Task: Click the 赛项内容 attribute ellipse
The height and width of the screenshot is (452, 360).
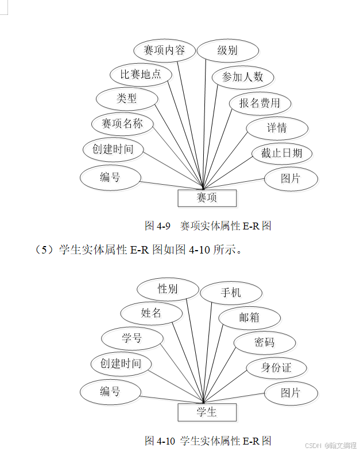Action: tap(164, 50)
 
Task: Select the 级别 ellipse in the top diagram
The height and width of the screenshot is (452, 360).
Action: tap(227, 50)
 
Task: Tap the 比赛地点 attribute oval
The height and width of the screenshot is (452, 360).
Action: tap(141, 74)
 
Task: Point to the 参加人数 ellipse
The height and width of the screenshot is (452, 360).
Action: tap(242, 77)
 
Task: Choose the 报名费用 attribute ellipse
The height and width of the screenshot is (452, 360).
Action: tap(260, 103)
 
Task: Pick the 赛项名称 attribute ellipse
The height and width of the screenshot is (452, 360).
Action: tap(122, 123)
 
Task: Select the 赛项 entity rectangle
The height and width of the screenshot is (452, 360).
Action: tap(207, 198)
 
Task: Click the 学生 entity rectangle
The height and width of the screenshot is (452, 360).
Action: tap(207, 412)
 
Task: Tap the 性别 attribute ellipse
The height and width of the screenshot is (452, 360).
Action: tap(168, 289)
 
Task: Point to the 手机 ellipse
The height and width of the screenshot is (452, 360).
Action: tap(231, 293)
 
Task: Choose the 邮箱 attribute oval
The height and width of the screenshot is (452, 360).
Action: tap(249, 318)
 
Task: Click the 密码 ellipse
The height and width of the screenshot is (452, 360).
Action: tap(264, 342)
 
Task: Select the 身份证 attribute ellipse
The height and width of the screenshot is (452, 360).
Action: tap(276, 368)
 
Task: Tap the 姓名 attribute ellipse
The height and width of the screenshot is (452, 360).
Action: tap(151, 313)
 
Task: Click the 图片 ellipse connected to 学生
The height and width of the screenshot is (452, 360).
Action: tap(291, 393)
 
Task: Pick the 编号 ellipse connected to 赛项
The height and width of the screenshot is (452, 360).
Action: tap(110, 177)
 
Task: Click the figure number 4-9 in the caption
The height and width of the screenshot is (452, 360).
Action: tap(163, 226)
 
